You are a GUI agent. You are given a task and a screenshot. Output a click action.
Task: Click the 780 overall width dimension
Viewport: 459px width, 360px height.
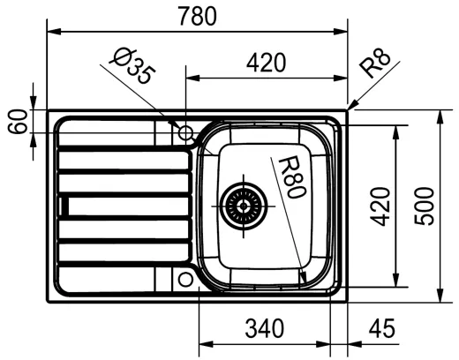tap(198, 16)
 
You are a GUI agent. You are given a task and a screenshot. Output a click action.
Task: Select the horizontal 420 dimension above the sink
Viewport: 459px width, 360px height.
tap(266, 63)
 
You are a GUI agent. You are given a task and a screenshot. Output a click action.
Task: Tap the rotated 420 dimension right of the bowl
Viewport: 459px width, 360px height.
tap(380, 206)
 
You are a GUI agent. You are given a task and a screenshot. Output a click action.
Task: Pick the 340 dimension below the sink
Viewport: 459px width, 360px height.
tap(264, 329)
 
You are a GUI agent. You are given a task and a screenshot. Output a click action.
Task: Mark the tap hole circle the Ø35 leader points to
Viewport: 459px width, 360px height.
tap(185, 133)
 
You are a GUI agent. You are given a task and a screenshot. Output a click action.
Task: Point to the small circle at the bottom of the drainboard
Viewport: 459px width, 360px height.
tap(185, 279)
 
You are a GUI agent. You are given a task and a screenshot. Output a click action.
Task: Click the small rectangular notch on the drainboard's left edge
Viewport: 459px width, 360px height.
tap(63, 206)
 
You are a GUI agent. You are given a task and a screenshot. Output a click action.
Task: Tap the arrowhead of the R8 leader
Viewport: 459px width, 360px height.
tap(350, 108)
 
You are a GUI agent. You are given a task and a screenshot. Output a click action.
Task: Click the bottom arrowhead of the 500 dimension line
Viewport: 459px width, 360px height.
tap(440, 296)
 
